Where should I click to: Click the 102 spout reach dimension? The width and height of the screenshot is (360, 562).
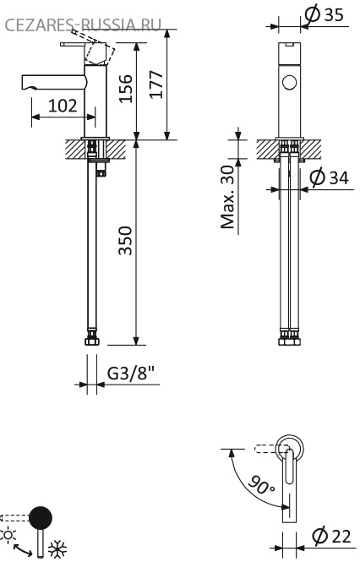pos(63,106)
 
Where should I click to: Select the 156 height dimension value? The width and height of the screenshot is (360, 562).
pos(126,89)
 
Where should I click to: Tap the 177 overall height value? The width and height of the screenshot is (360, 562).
pos(156,85)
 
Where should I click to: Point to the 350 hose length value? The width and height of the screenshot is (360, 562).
pos(126,240)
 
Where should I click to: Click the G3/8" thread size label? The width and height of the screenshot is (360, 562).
pos(130,373)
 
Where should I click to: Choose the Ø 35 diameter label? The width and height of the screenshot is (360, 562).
pos(324,14)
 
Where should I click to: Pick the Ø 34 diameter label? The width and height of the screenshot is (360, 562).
pos(329,177)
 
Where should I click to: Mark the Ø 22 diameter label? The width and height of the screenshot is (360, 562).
pos(331,536)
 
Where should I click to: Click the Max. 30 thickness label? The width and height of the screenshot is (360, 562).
pos(227,197)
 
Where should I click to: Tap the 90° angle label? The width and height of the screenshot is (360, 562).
pos(261,484)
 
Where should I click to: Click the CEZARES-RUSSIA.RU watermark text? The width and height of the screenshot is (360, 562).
pos(83,25)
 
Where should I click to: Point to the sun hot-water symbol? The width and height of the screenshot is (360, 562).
pos(8,535)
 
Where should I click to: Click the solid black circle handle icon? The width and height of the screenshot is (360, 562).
pos(41,517)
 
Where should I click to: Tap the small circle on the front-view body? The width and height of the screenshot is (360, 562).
pos(289,83)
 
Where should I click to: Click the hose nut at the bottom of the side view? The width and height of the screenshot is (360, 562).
pos(92,341)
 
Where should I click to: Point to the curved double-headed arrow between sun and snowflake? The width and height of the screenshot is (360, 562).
pos(22,548)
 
